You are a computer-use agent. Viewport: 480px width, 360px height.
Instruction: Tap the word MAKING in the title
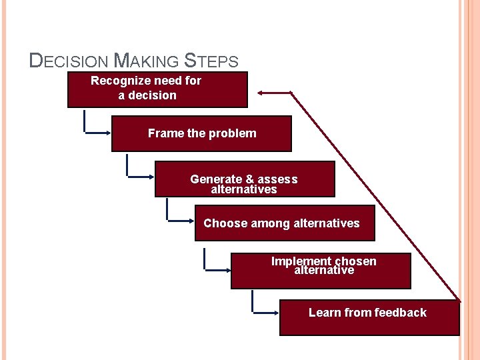point(147,61)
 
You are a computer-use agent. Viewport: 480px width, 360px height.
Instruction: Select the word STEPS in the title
point(210,61)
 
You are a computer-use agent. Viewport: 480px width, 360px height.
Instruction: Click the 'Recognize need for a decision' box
point(157,89)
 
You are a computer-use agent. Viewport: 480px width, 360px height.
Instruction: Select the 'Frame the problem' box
point(201,134)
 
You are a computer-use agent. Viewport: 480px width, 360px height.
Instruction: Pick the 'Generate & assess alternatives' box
point(245,179)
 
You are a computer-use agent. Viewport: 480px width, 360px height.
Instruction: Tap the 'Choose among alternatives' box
point(285,223)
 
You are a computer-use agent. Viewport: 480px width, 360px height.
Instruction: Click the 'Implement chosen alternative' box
point(321,271)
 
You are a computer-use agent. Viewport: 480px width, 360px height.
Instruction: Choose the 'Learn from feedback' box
point(369,318)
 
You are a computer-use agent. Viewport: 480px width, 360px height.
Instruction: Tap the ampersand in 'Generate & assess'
point(249,179)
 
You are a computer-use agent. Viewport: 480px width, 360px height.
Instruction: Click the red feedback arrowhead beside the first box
point(264,92)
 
